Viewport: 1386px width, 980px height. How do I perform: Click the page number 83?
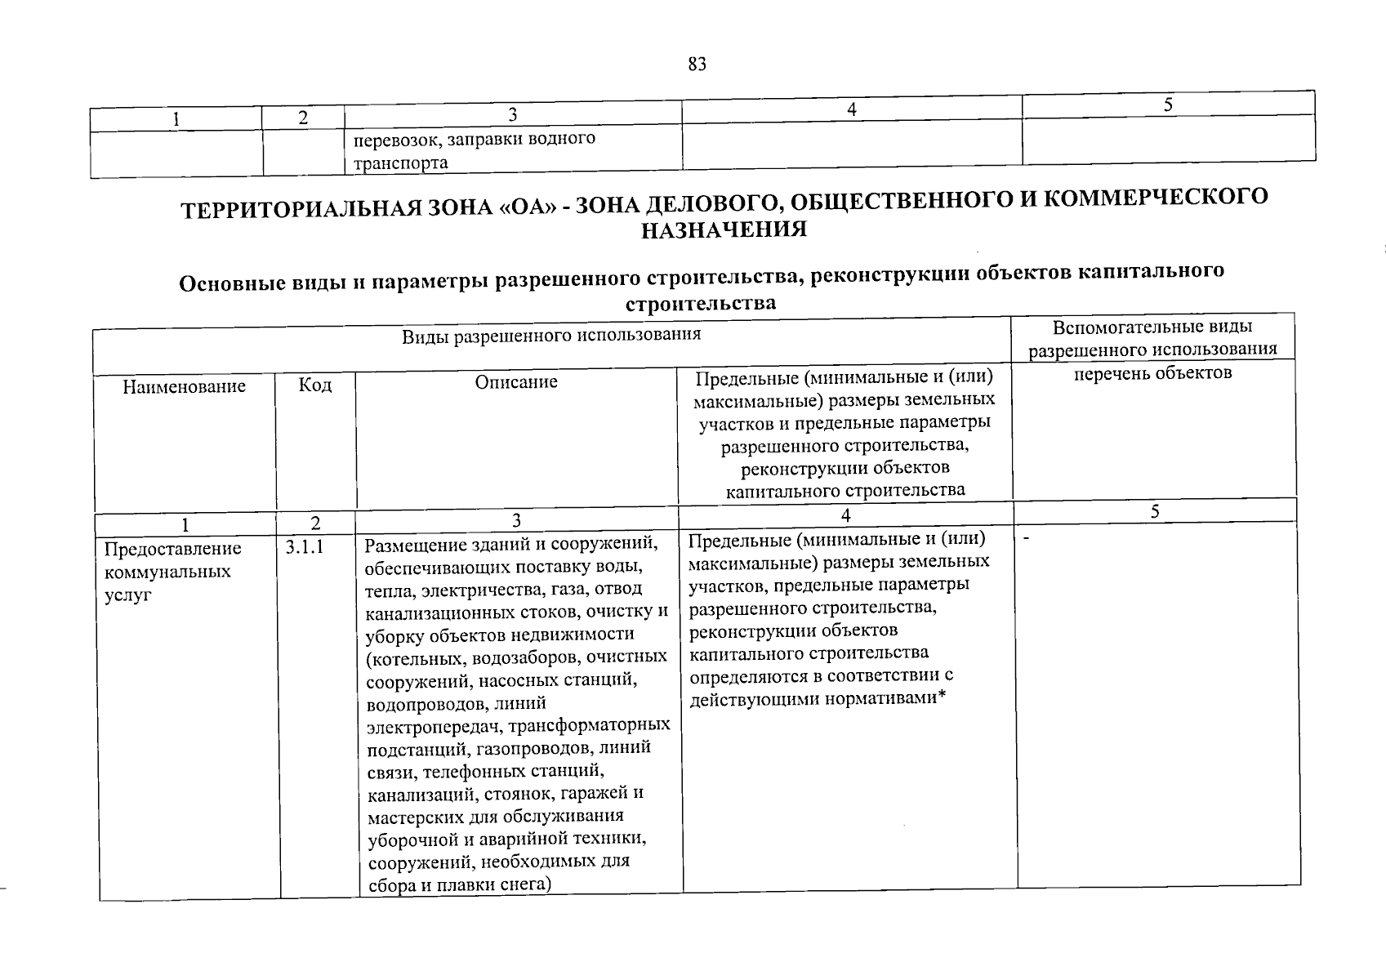[697, 65]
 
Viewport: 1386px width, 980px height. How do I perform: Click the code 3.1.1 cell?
[305, 547]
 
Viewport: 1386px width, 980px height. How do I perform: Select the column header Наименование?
[184, 386]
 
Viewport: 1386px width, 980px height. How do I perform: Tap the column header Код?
[315, 385]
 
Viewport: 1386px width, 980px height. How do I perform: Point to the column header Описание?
[516, 381]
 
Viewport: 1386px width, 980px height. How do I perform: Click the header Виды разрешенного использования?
[551, 335]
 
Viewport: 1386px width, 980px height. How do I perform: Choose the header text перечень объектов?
[1152, 373]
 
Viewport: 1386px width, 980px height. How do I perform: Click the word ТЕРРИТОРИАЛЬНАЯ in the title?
[295, 208]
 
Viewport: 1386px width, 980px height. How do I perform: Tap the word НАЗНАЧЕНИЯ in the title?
[724, 230]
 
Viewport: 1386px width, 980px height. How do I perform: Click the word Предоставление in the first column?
[172, 548]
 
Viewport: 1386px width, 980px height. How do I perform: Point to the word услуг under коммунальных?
[128, 595]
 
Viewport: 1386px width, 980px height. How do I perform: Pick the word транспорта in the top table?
[400, 163]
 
